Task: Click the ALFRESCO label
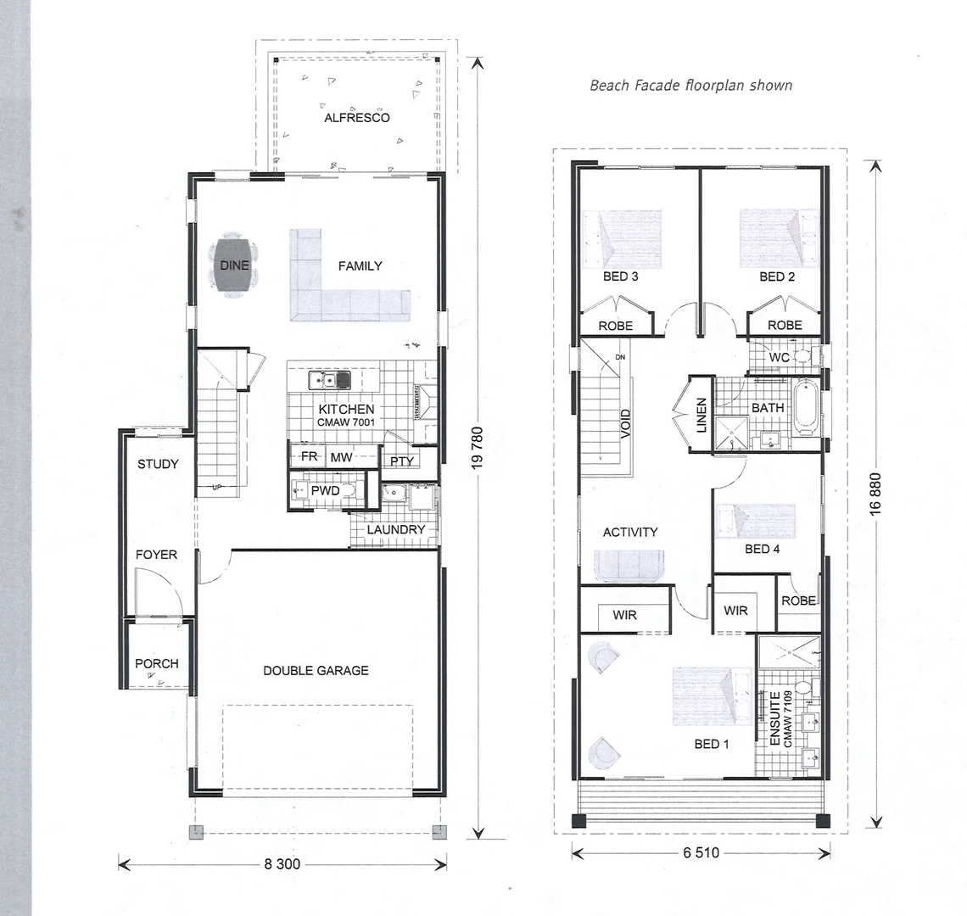click(356, 118)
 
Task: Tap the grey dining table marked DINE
click(234, 266)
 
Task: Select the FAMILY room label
click(360, 265)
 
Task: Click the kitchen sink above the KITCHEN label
click(330, 379)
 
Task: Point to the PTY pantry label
click(401, 461)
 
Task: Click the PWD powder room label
click(326, 490)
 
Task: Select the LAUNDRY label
click(395, 530)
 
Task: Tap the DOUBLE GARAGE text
click(316, 670)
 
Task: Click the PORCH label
click(157, 663)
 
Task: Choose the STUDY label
click(158, 464)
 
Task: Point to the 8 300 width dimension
click(281, 864)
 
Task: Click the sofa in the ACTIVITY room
click(629, 566)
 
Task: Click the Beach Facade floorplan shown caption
click(690, 85)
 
